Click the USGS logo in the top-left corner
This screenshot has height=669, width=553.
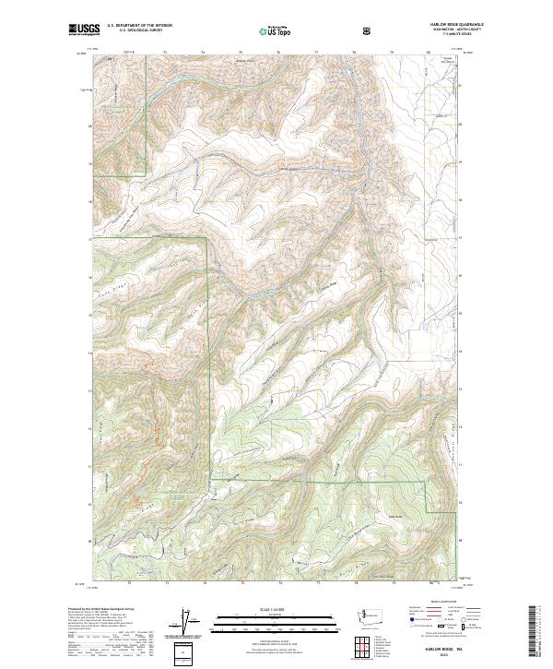pos(85,30)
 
